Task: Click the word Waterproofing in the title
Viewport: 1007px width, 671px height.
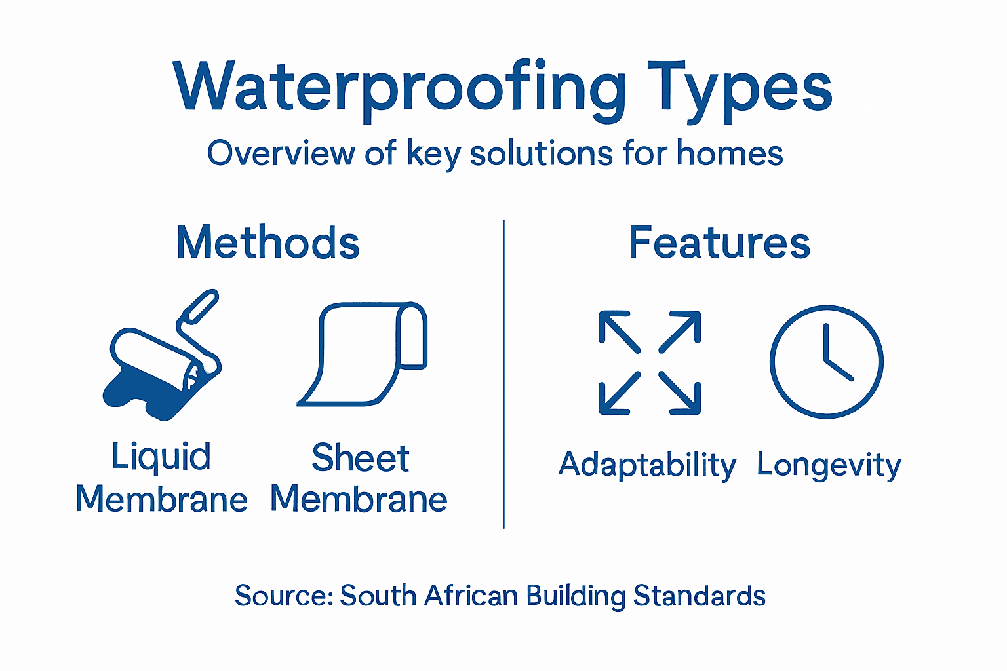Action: pyautogui.click(x=400, y=88)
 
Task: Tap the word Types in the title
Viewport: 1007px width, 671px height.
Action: pyautogui.click(x=739, y=88)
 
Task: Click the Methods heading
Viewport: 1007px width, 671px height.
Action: pyautogui.click(x=268, y=242)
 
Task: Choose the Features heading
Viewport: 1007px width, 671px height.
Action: pyautogui.click(x=719, y=242)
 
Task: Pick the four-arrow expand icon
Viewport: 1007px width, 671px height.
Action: pyautogui.click(x=649, y=362)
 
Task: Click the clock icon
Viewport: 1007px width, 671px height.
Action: pyautogui.click(x=826, y=361)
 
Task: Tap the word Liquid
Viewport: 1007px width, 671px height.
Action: pyautogui.click(x=161, y=457)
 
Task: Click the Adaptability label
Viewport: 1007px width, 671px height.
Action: pyautogui.click(x=647, y=465)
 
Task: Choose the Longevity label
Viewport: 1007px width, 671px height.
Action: pyautogui.click(x=829, y=465)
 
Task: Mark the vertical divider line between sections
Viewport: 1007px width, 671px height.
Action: pyautogui.click(x=503, y=374)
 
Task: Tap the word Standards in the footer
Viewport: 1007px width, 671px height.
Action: pyautogui.click(x=699, y=596)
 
